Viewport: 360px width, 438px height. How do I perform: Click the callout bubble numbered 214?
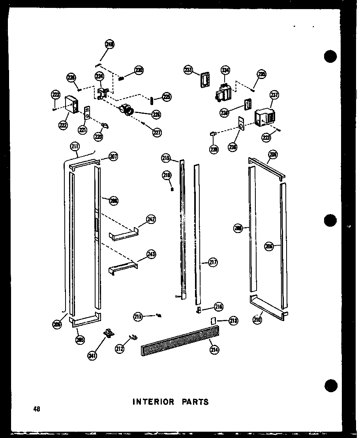tap(214, 349)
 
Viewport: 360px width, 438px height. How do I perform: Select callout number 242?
tap(151, 220)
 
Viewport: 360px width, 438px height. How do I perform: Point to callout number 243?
tap(151, 255)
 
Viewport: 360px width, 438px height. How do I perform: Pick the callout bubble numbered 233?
tap(188, 70)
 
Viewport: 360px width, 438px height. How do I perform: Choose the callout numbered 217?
tap(213, 262)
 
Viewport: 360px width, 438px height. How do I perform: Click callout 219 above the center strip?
tap(165, 158)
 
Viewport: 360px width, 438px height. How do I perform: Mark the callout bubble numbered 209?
tap(272, 154)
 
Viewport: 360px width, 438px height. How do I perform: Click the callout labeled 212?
tap(120, 348)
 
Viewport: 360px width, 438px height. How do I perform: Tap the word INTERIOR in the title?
tap(153, 402)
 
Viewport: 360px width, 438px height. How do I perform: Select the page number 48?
tap(37, 409)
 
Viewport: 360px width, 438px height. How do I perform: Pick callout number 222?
tap(62, 125)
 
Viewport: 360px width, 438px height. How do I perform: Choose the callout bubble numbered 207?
tap(114, 157)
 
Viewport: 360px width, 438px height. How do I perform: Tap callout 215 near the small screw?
tap(137, 316)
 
